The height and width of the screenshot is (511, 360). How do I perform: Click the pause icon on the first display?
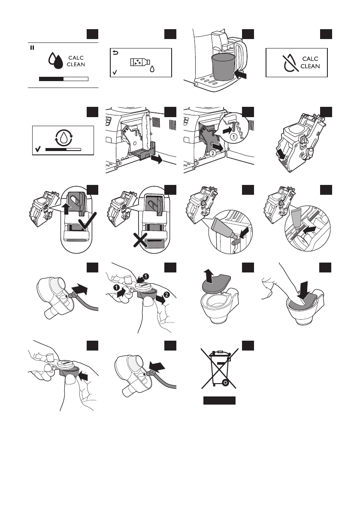point(31,48)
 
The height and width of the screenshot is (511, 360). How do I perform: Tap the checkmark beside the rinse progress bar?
point(39,149)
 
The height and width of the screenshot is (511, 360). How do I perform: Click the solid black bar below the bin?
point(220,401)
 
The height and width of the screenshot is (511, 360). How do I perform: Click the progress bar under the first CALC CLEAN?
point(64,79)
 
